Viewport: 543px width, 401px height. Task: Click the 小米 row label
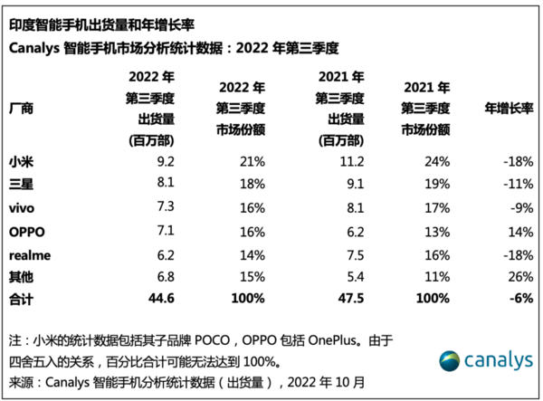19,161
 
